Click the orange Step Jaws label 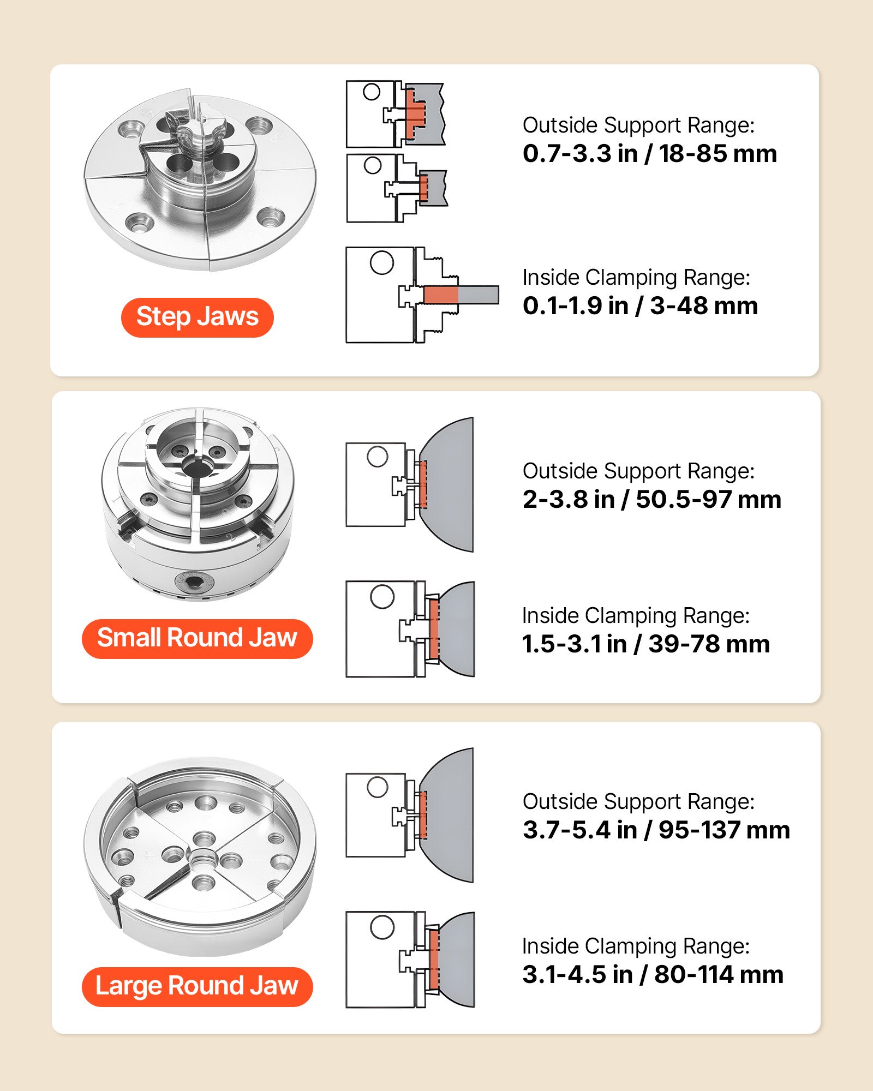197,317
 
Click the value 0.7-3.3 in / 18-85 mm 649,154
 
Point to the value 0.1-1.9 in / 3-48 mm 640,306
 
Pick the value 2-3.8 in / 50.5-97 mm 651,500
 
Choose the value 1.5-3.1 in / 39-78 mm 645,644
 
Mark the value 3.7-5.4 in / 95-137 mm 656,830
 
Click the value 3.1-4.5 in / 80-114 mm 653,975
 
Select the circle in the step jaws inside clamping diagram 381,263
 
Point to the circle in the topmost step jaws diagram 372,92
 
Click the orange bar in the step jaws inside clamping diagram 441,295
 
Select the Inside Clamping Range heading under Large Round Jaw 636,946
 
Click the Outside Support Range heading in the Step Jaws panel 638,125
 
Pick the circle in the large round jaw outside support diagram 377,787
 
